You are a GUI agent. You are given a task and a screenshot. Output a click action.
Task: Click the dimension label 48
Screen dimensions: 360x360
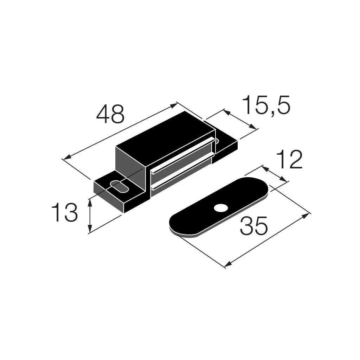[110, 114]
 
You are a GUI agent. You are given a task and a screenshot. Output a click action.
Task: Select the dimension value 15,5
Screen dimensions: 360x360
[266, 105]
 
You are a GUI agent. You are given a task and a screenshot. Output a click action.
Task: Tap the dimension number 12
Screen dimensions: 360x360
[289, 160]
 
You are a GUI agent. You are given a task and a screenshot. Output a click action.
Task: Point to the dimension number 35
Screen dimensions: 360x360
[254, 225]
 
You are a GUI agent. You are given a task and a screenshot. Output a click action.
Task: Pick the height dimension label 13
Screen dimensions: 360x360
[65, 212]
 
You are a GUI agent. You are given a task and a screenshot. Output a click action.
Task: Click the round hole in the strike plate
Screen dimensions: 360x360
[221, 208]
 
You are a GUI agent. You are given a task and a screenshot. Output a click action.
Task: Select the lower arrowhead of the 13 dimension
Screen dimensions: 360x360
[90, 229]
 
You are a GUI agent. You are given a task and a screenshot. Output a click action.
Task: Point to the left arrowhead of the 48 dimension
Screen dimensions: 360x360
[66, 157]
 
